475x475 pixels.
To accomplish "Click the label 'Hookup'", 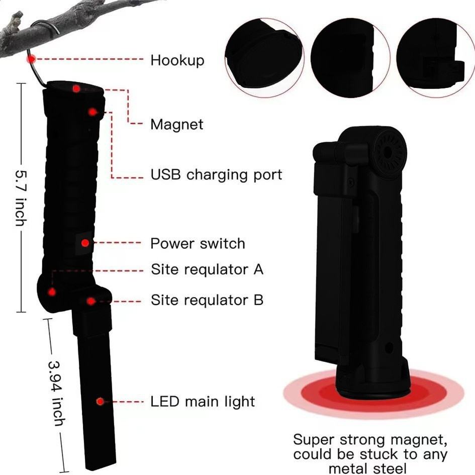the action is tap(177, 60).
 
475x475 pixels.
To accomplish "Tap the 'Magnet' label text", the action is tap(177, 124).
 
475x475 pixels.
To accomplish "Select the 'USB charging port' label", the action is tap(216, 175).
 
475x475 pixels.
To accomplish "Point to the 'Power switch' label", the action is tap(198, 244).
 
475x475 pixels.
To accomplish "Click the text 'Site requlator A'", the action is tap(207, 269).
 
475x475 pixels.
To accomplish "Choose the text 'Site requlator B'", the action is tap(207, 301).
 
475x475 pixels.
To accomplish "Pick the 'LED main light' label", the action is tap(203, 402).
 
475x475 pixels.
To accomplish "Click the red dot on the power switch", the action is tap(85, 243).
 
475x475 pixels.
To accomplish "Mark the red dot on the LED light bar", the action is tap(101, 402).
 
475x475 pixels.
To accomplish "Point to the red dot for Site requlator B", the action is tap(90, 301).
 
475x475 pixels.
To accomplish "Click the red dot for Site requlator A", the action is tap(52, 292).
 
